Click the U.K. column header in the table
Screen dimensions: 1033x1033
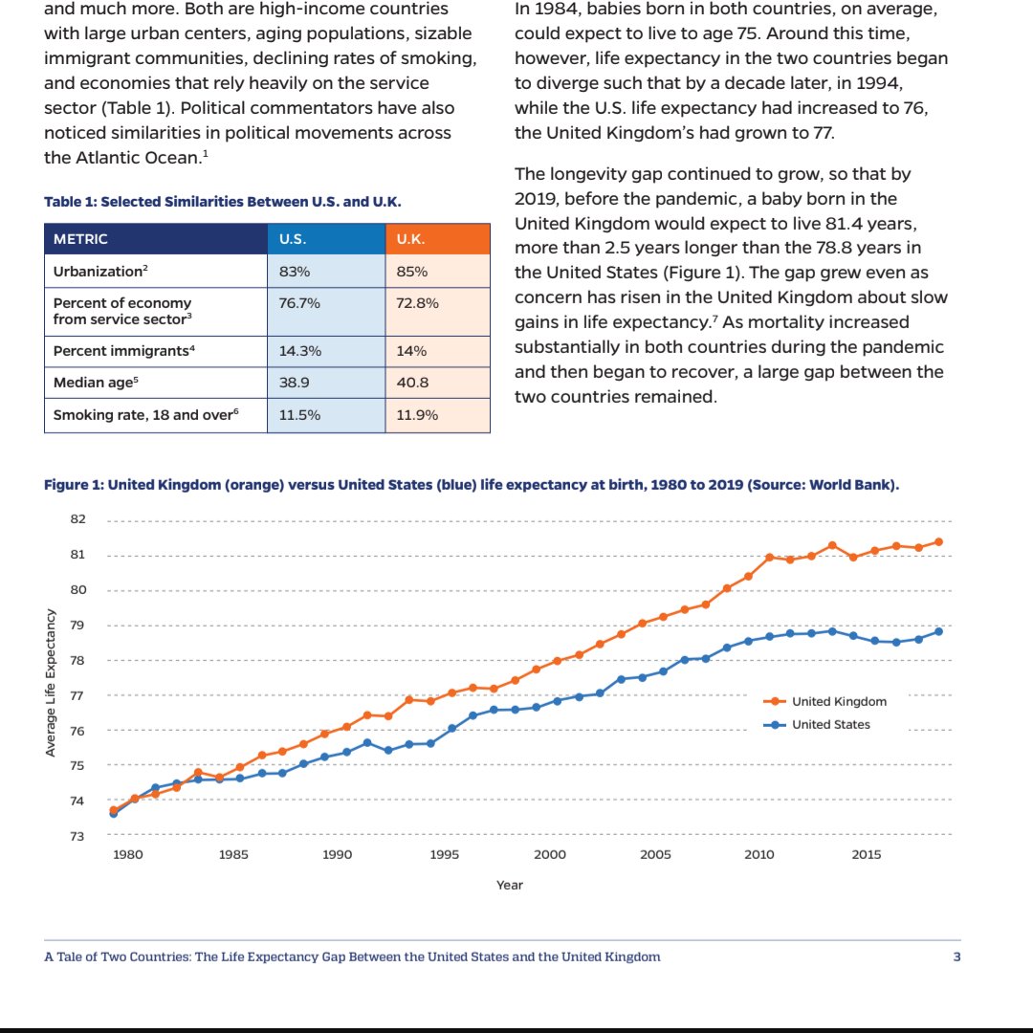click(437, 239)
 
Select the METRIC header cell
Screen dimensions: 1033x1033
click(156, 239)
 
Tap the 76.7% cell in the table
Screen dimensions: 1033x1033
click(326, 312)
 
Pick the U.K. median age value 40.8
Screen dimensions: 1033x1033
click(412, 383)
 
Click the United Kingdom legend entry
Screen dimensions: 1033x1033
click(824, 702)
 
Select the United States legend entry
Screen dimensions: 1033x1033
click(817, 725)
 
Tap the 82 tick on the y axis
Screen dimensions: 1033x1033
click(77, 519)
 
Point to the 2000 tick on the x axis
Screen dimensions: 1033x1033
click(549, 854)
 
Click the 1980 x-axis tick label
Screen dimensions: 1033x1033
click(128, 854)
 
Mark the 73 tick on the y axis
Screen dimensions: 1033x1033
click(77, 837)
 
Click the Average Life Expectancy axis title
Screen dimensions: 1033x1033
click(50, 683)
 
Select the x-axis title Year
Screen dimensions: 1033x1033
click(510, 885)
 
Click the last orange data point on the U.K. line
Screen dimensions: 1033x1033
click(939, 542)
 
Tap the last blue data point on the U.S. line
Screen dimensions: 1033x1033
click(939, 632)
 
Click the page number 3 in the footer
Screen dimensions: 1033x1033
click(957, 956)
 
